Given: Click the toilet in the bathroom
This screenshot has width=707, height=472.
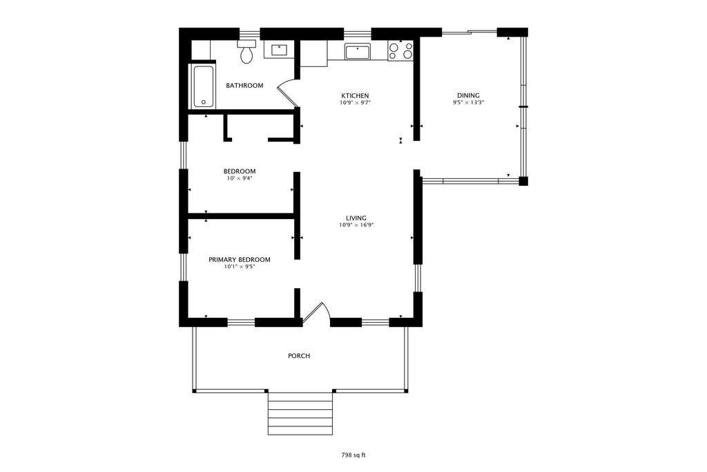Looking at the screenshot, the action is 246,51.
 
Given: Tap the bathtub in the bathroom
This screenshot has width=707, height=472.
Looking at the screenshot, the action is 204,87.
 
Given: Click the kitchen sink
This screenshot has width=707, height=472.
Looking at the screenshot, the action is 358,52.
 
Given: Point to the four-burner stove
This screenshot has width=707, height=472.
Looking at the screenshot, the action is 400,50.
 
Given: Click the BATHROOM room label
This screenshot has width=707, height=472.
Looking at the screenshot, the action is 244,85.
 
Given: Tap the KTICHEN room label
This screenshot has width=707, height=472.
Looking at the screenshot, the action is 355,95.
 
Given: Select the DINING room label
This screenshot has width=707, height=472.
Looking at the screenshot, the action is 469,95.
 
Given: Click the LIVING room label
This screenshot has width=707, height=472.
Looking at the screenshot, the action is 356,218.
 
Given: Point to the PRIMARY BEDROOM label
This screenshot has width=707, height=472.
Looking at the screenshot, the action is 240,259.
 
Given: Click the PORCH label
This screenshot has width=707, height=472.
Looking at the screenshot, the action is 299,356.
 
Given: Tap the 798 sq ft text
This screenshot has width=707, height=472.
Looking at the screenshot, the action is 353,455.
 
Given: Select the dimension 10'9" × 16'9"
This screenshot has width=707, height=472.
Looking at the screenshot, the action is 357,225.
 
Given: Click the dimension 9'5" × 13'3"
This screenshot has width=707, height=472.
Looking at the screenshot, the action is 469,102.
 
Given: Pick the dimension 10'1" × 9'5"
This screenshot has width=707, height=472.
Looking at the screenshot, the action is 240,267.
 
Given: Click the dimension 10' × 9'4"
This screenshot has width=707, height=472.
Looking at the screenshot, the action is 240,178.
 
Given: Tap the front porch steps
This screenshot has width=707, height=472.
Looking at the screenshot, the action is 300,413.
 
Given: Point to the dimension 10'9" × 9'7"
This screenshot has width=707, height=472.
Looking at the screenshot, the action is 356,102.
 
